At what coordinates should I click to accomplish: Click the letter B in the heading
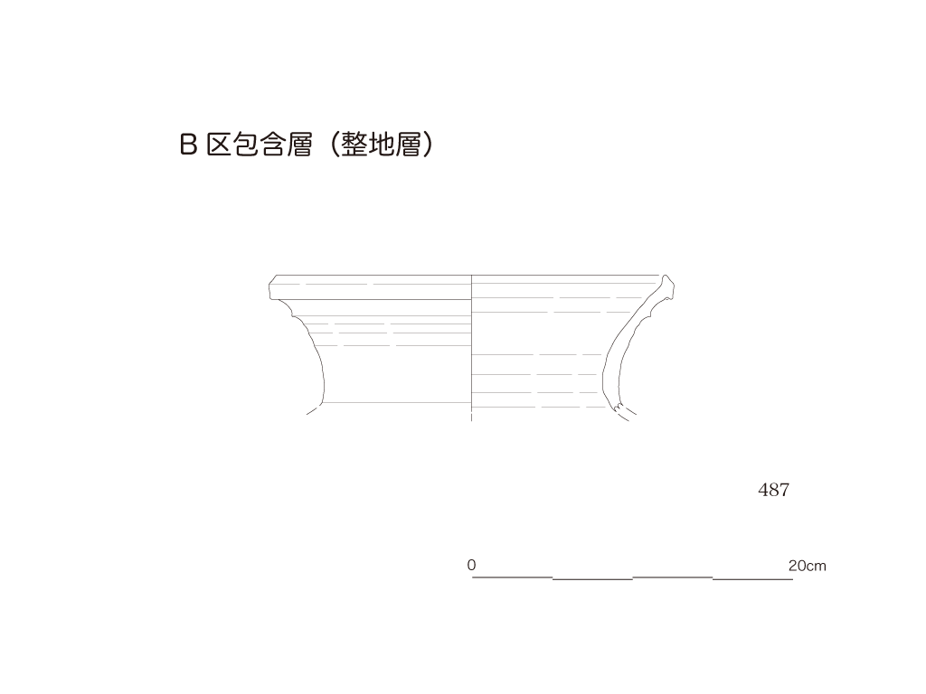[x=188, y=145]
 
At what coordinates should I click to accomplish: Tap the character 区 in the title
[x=218, y=145]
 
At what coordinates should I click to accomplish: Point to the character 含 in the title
[x=273, y=145]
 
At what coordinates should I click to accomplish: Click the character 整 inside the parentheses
[x=354, y=145]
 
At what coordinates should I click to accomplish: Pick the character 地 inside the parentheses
[x=382, y=145]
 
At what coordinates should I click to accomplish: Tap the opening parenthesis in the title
[x=334, y=145]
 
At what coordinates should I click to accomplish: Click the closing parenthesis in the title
[x=428, y=145]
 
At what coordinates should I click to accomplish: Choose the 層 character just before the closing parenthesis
[x=408, y=145]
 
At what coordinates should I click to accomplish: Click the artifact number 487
[x=774, y=490]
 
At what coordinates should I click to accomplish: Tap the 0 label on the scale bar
[x=471, y=565]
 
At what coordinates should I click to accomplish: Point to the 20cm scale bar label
[x=808, y=566]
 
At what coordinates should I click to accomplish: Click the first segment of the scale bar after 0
[x=512, y=577]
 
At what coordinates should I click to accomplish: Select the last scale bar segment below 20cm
[x=753, y=579]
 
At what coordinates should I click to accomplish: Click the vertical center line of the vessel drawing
[x=471, y=348]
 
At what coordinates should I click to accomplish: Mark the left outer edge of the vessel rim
[x=269, y=290]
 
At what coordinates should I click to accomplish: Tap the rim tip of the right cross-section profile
[x=666, y=277]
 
